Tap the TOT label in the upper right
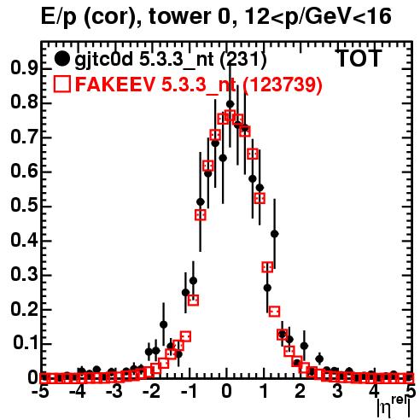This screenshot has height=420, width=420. (x=359, y=58)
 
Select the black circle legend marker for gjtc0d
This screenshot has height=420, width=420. (x=61, y=59)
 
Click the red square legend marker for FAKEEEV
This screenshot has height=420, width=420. (x=61, y=84)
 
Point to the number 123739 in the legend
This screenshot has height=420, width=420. (x=283, y=85)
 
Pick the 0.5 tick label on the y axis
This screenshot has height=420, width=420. (x=24, y=206)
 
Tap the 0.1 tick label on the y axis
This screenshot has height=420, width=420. (x=26, y=343)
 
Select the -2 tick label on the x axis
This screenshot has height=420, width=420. (x=153, y=392)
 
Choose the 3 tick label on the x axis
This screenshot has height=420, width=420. (x=337, y=392)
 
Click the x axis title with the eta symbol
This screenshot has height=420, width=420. (x=394, y=407)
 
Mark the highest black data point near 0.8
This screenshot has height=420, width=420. (x=230, y=104)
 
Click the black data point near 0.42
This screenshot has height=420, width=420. (x=275, y=234)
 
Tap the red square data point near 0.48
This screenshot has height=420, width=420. (x=201, y=215)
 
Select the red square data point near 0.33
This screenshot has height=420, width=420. (x=267, y=267)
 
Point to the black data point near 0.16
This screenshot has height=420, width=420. (x=164, y=324)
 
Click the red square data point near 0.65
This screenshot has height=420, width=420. (x=253, y=154)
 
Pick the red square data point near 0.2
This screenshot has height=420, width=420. (x=275, y=312)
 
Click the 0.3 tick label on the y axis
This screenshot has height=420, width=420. (x=24, y=274)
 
